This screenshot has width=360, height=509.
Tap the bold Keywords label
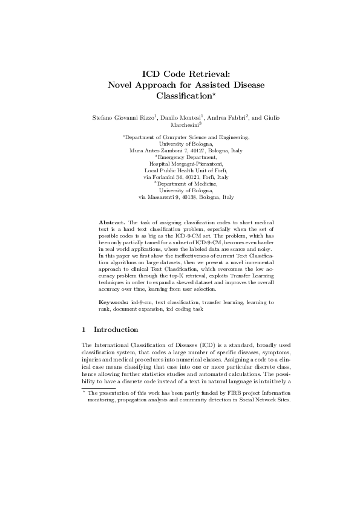pos(114,301)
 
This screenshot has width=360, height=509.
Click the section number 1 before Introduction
pos(83,329)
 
